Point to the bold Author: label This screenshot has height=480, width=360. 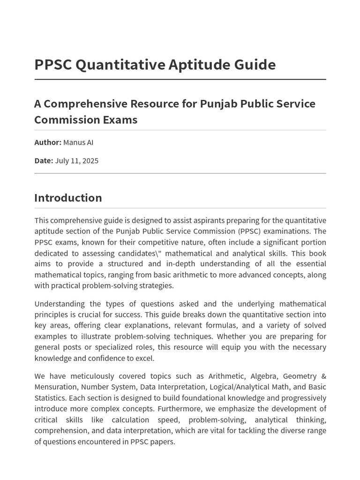(x=48, y=142)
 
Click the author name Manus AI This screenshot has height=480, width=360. (x=78, y=142)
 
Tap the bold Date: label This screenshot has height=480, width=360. (x=44, y=160)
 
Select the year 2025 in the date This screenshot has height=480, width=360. (x=90, y=160)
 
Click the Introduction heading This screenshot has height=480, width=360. (x=68, y=198)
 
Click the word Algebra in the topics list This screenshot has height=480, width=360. (x=263, y=376)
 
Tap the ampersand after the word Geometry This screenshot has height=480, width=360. (x=323, y=376)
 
